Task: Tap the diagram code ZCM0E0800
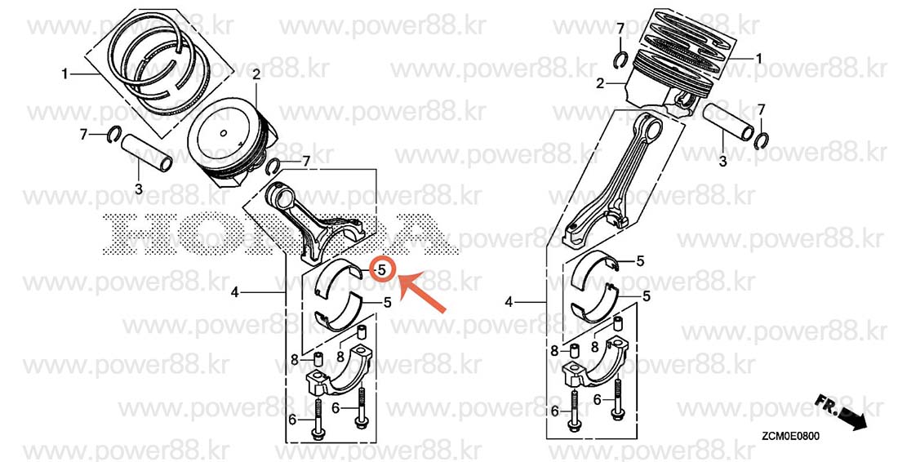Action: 789,436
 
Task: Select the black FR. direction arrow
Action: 841,411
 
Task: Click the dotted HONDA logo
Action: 281,233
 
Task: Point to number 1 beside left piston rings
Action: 64,73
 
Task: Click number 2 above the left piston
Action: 256,73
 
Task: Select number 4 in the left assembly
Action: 235,292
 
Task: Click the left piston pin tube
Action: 148,152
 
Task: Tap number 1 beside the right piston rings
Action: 759,59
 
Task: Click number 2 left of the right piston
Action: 600,84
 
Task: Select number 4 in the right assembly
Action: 509,302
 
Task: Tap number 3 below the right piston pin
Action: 722,162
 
